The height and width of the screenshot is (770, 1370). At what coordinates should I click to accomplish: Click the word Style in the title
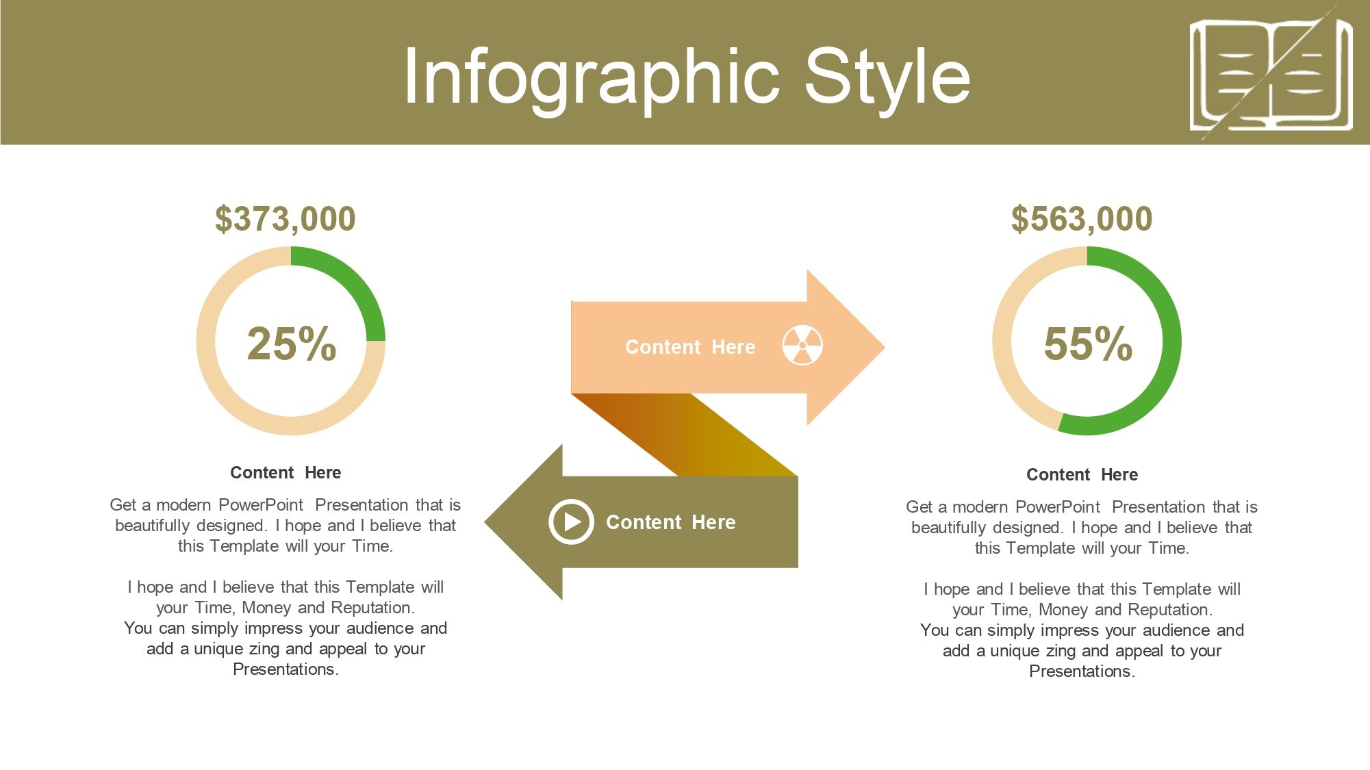[x=887, y=77]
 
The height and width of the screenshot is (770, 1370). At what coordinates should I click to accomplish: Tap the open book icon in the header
[x=1271, y=74]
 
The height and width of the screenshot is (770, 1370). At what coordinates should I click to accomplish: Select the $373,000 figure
[x=286, y=219]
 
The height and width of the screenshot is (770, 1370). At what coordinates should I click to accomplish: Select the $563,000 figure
[x=1082, y=219]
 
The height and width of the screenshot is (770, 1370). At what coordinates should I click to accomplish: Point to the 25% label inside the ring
[x=292, y=343]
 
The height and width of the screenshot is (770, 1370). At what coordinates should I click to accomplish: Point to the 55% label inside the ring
[x=1088, y=343]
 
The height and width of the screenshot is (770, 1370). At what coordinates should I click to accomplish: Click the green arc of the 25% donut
[x=357, y=275]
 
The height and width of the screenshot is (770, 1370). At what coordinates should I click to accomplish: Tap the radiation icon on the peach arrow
[x=802, y=346]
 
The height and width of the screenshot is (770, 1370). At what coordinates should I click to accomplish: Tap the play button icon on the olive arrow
[x=571, y=522]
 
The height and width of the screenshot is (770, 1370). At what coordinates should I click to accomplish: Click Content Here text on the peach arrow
[x=690, y=347]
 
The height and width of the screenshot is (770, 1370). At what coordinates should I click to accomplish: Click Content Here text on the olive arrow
[x=671, y=522]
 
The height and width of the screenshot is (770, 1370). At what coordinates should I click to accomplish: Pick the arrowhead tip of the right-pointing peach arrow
[x=885, y=347]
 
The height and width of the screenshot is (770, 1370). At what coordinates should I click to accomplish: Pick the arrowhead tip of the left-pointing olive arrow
[x=485, y=522]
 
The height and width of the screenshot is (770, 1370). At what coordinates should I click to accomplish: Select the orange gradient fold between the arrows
[x=685, y=435]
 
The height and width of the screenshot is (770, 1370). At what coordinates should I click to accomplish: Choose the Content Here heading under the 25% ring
[x=286, y=472]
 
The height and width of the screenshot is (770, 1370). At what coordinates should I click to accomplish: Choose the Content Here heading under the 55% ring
[x=1082, y=474]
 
